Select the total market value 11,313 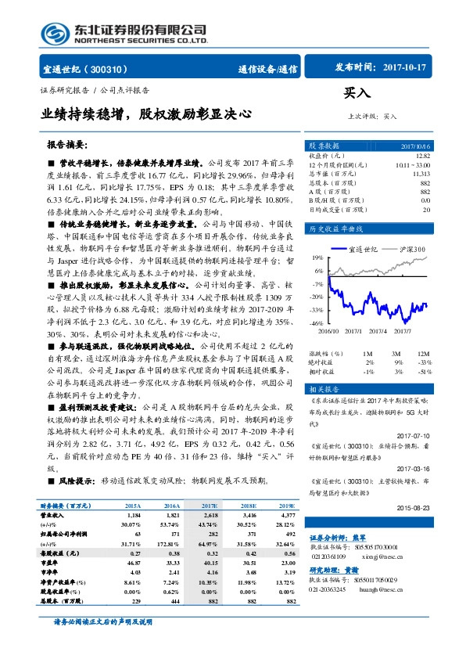coord(420,173)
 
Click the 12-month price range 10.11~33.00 coord(412,164)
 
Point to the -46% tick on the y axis coord(295,322)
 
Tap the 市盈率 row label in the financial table coord(52,562)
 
